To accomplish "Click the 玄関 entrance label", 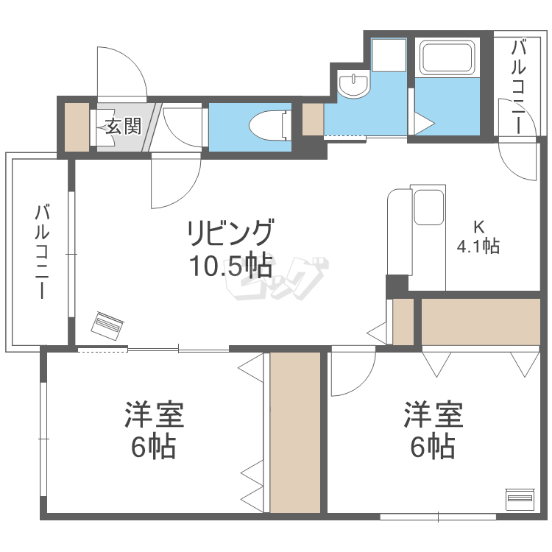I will [123, 127].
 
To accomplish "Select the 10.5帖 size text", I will [230, 264].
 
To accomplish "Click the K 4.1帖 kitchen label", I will [478, 237].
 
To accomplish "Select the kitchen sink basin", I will [428, 207].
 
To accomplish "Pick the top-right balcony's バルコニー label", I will [518, 87].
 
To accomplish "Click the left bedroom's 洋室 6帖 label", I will [153, 430].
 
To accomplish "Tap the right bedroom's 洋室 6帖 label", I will [433, 430].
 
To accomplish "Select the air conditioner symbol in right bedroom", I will [520, 498].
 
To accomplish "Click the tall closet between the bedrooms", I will [295, 433].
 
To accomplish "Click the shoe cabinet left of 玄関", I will [75, 127].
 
